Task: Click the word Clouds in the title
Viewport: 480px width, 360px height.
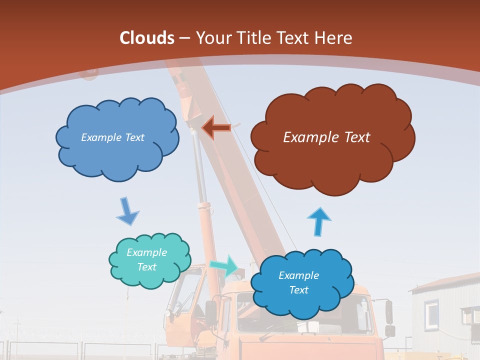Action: pos(147,38)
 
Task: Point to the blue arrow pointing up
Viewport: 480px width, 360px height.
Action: pos(318,221)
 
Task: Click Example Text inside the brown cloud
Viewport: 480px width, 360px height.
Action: pos(326,137)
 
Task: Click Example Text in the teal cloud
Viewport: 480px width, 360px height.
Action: pos(146,260)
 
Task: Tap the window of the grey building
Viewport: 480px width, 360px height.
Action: pos(431,312)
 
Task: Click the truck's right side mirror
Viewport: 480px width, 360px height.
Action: pos(389,311)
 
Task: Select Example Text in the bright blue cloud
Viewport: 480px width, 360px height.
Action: pos(298,282)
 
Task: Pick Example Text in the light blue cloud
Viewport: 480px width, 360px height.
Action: pos(112,137)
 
